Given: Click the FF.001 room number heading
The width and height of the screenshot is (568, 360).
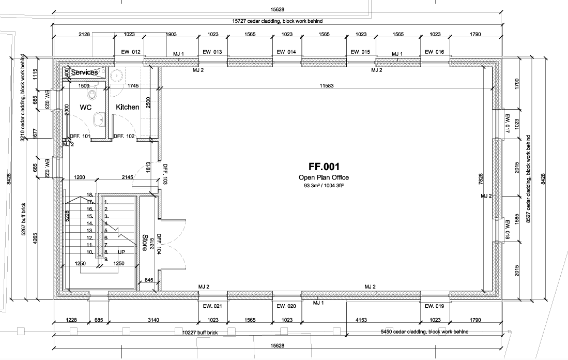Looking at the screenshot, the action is click(324, 167).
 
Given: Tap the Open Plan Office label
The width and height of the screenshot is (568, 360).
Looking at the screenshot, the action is click(324, 177).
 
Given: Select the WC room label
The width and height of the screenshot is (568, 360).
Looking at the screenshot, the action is click(85, 107).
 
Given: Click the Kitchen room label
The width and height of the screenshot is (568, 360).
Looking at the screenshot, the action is click(128, 107).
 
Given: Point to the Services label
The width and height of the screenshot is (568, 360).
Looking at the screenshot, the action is click(84, 72).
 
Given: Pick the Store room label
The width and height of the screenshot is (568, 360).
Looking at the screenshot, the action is click(145, 243).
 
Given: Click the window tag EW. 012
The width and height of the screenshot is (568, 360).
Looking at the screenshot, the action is click(130, 52).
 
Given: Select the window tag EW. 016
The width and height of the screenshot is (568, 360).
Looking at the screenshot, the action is click(434, 52).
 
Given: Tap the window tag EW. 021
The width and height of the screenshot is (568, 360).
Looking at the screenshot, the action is click(212, 306).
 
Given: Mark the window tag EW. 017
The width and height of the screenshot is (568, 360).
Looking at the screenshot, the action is click(507, 124).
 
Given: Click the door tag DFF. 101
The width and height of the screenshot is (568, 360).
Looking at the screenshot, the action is click(80, 137).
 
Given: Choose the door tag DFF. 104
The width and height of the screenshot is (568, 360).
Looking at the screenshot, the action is click(159, 244).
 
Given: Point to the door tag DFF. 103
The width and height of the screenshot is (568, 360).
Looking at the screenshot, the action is click(165, 174).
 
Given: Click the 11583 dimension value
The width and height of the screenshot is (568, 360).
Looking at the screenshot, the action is click(327, 85).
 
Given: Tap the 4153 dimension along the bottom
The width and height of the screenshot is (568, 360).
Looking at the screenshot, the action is click(361, 320).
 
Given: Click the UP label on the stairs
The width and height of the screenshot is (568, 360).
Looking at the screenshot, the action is click(122, 252).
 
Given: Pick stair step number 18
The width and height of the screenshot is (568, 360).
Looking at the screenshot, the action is click(90, 194).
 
